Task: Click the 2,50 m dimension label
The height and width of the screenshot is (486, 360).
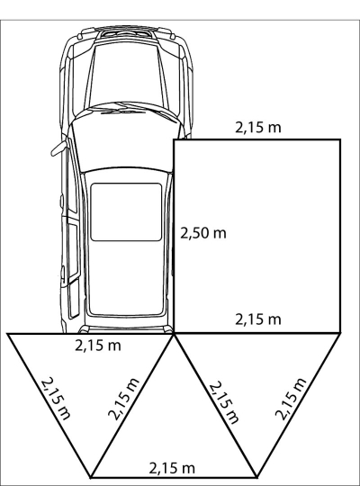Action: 203,233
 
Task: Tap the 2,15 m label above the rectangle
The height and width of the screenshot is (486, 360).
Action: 258,128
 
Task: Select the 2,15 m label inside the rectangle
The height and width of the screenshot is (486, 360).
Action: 258,319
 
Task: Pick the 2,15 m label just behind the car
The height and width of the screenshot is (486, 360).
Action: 98,346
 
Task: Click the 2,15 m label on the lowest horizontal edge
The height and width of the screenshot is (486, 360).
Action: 172,468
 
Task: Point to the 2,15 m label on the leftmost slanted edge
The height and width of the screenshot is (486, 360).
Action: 56,399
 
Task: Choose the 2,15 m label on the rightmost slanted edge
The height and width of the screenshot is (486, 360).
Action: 291,399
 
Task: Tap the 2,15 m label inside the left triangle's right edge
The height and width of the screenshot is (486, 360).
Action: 123,399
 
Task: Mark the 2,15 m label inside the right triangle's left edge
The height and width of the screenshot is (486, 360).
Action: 224,402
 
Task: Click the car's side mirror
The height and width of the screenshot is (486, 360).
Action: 58,148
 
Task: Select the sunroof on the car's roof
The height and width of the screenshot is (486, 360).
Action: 126,212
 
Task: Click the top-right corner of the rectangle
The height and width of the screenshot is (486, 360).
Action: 340,140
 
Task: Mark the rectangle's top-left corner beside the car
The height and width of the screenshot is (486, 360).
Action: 175,140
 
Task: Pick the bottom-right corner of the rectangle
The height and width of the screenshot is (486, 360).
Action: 340,333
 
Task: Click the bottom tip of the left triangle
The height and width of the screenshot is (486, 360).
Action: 91,477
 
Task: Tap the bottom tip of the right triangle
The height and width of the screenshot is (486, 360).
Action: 256,477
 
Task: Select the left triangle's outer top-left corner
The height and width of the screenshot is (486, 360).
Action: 8,334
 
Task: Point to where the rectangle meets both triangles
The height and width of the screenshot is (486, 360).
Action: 174,333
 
